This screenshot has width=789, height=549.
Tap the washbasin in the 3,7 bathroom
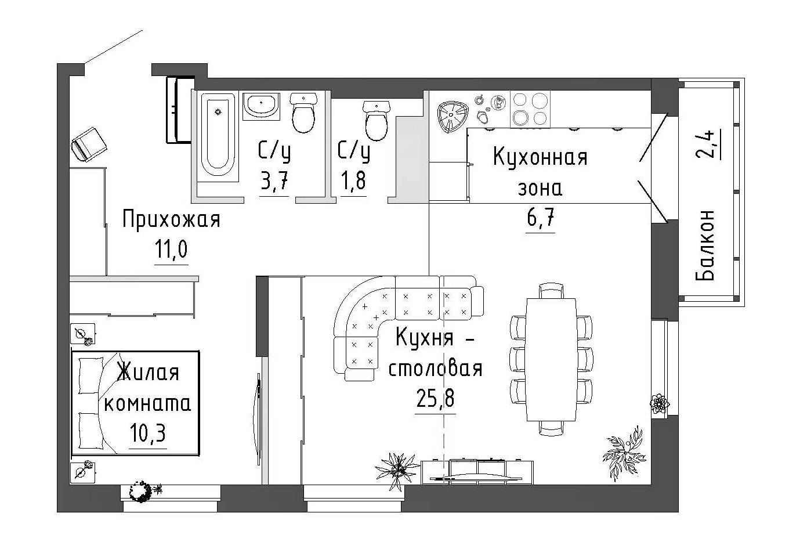coord(260,106)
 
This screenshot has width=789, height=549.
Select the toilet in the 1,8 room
coord(376,120)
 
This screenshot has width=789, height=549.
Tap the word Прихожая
coord(171,221)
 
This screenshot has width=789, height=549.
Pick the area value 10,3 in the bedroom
coord(147,433)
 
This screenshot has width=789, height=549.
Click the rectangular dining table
coord(551,360)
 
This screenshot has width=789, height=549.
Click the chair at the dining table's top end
coord(551,290)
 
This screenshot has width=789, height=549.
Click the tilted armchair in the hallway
coord(88,143)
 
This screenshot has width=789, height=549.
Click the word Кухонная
coord(540,157)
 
